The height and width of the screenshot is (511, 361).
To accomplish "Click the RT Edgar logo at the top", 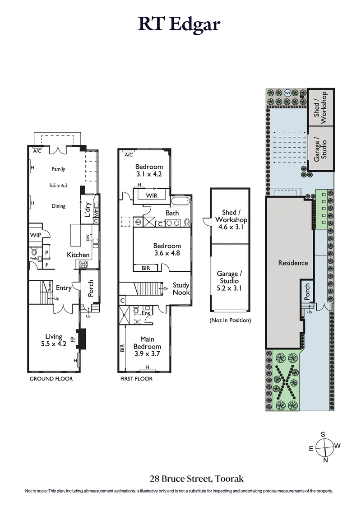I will pos(179,24).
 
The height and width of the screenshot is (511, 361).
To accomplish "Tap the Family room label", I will pos(58,169).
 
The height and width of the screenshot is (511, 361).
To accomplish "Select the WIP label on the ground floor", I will pos(35,235).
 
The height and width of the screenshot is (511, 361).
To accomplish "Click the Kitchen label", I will pos(78,255).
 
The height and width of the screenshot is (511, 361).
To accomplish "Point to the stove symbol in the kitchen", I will pos(84,265).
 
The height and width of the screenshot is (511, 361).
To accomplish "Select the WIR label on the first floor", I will pos(152,196).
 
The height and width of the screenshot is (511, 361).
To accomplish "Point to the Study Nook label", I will pos(181,289).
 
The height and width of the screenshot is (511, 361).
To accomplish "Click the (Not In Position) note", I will pos(230,320).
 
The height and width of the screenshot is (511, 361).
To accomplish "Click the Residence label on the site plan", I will pos(293,263).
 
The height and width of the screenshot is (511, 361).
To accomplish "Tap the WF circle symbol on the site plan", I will pos(287,93).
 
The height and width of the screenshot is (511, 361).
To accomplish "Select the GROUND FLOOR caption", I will pos(51,379).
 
